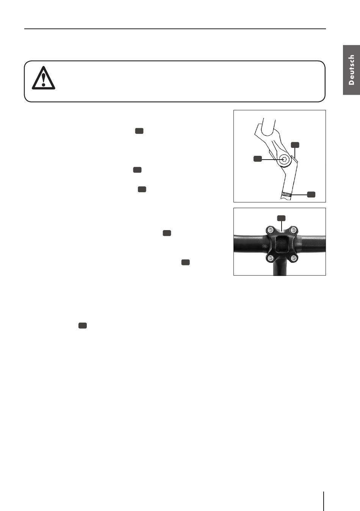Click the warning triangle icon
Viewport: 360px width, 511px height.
click(43, 78)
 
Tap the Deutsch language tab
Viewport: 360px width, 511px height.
click(351, 70)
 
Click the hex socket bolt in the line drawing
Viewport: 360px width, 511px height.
click(284, 160)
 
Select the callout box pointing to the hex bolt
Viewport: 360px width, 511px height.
click(258, 159)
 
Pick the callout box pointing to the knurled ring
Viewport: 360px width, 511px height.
click(311, 194)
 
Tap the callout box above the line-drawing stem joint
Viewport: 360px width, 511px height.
click(295, 145)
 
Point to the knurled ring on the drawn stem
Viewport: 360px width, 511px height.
click(286, 194)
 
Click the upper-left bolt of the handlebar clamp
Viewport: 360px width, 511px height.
click(270, 229)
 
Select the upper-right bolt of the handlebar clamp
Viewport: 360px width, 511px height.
click(293, 229)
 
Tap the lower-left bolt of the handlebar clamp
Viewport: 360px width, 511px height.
click(271, 258)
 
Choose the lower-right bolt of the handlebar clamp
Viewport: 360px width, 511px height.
click(293, 258)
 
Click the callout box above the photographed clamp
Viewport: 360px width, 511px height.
click(281, 218)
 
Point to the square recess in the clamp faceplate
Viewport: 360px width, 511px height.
click(282, 244)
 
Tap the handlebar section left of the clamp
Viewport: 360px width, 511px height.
click(250, 244)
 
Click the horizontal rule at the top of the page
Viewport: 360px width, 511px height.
click(175, 29)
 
